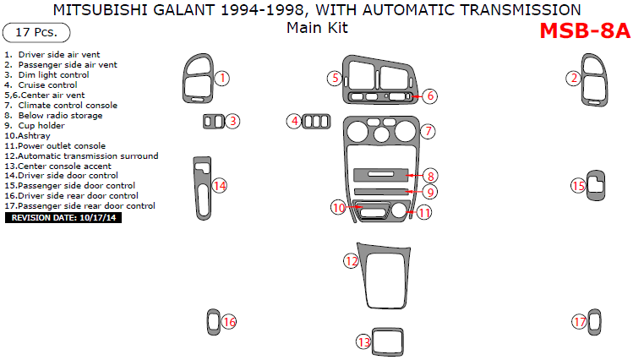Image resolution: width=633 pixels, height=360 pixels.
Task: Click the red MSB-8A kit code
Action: (584, 31)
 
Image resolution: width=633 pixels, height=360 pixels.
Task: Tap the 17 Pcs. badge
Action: (36, 33)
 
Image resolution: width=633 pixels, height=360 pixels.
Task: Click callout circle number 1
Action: (221, 79)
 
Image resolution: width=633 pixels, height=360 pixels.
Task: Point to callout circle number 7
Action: (428, 131)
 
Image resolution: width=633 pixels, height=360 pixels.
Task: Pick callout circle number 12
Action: (351, 261)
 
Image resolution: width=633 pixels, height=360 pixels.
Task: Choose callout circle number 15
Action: (578, 186)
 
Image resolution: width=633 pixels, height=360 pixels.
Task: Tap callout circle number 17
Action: (579, 322)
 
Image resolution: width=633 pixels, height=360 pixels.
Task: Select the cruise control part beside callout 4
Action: (317, 122)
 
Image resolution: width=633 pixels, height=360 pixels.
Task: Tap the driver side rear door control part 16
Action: (212, 321)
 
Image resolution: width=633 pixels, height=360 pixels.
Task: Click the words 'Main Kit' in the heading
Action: (317, 27)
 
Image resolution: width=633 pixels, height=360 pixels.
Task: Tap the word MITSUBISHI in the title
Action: (100, 9)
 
